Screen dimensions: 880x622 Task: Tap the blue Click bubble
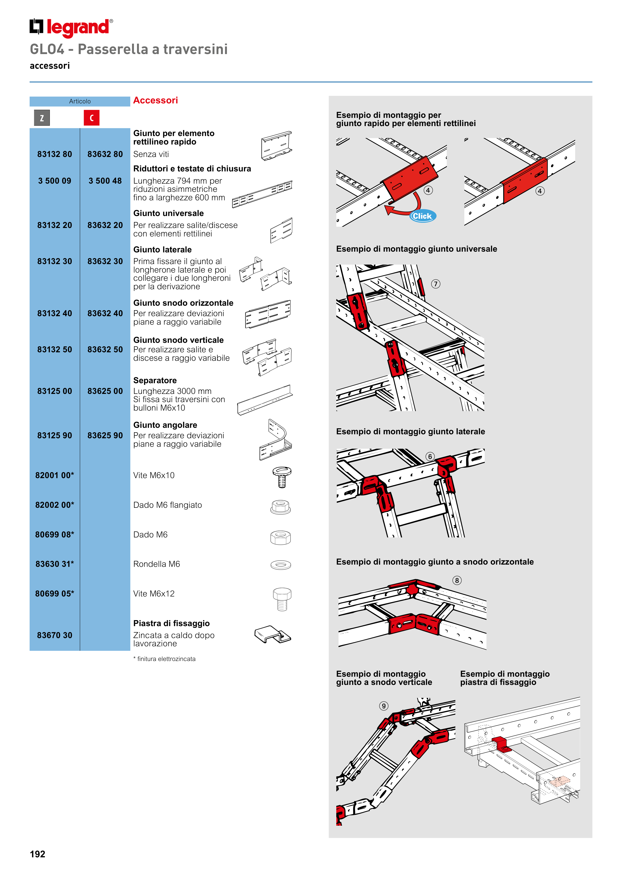[422, 216]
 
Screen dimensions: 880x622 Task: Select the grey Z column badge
[42, 118]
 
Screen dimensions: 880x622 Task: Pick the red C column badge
[92, 118]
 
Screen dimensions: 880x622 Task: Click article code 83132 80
[54, 154]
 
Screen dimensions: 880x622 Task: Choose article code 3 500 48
[105, 181]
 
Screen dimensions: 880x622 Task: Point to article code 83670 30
[54, 635]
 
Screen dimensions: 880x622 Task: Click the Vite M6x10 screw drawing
[282, 477]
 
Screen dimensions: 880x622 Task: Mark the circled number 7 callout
[436, 284]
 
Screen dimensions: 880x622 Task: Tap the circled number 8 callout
[457, 580]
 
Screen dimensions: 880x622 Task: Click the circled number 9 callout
[384, 706]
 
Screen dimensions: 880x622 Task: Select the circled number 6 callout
[430, 456]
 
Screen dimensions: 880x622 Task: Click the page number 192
[38, 854]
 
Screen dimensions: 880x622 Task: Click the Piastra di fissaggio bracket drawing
[273, 635]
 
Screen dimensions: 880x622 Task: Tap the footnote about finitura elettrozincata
[164, 659]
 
